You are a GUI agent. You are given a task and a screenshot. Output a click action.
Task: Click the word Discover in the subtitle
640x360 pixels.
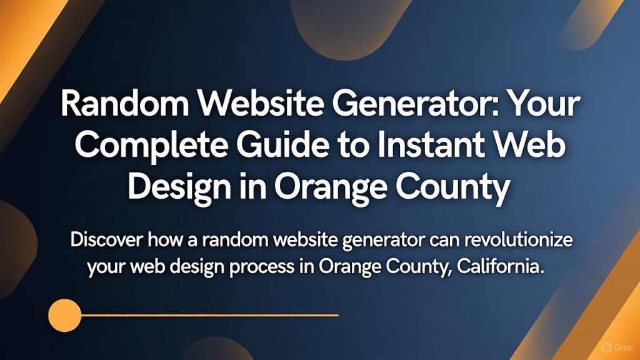point(106,239)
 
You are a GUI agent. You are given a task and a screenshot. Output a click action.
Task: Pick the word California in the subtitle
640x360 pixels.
point(501,266)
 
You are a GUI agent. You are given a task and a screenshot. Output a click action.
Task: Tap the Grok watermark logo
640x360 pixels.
point(618,347)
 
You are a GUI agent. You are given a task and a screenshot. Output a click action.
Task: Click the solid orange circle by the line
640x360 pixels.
point(65,315)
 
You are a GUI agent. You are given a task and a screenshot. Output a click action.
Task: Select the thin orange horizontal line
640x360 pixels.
point(210,315)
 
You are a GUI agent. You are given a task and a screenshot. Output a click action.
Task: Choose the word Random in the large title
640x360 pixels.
point(125,104)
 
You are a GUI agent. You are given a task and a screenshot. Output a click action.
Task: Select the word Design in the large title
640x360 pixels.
point(179,188)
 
